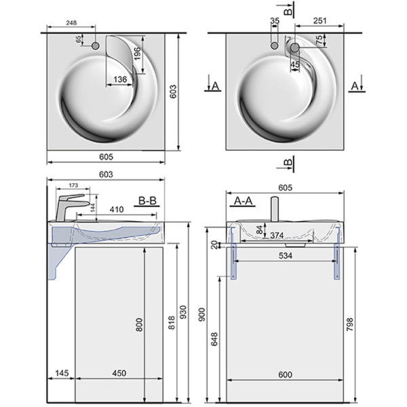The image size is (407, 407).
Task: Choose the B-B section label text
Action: [x=150, y=201]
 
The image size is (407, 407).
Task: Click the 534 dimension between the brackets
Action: [x=285, y=256]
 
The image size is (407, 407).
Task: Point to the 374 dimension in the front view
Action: [x=276, y=235]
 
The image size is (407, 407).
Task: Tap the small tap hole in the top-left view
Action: [x=95, y=45]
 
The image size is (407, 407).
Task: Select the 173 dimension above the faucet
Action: [x=73, y=185]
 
